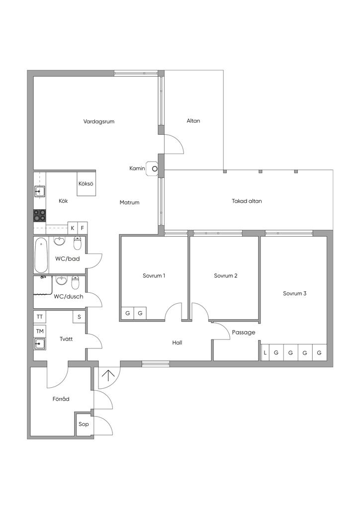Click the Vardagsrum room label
[98, 122]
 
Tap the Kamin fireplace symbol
[153, 169]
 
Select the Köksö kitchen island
[87, 184]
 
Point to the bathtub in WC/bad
[41, 255]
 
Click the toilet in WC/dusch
[75, 282]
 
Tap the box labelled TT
[40, 317]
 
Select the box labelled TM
[40, 331]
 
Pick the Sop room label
[84, 424]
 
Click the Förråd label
[61, 399]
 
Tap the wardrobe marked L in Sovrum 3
[265, 352]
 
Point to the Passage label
[244, 333]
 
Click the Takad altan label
[247, 201]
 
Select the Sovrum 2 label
[226, 276]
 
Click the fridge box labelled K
[73, 228]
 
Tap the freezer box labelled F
[83, 228]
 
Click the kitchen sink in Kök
[40, 191]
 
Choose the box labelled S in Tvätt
[79, 317]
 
